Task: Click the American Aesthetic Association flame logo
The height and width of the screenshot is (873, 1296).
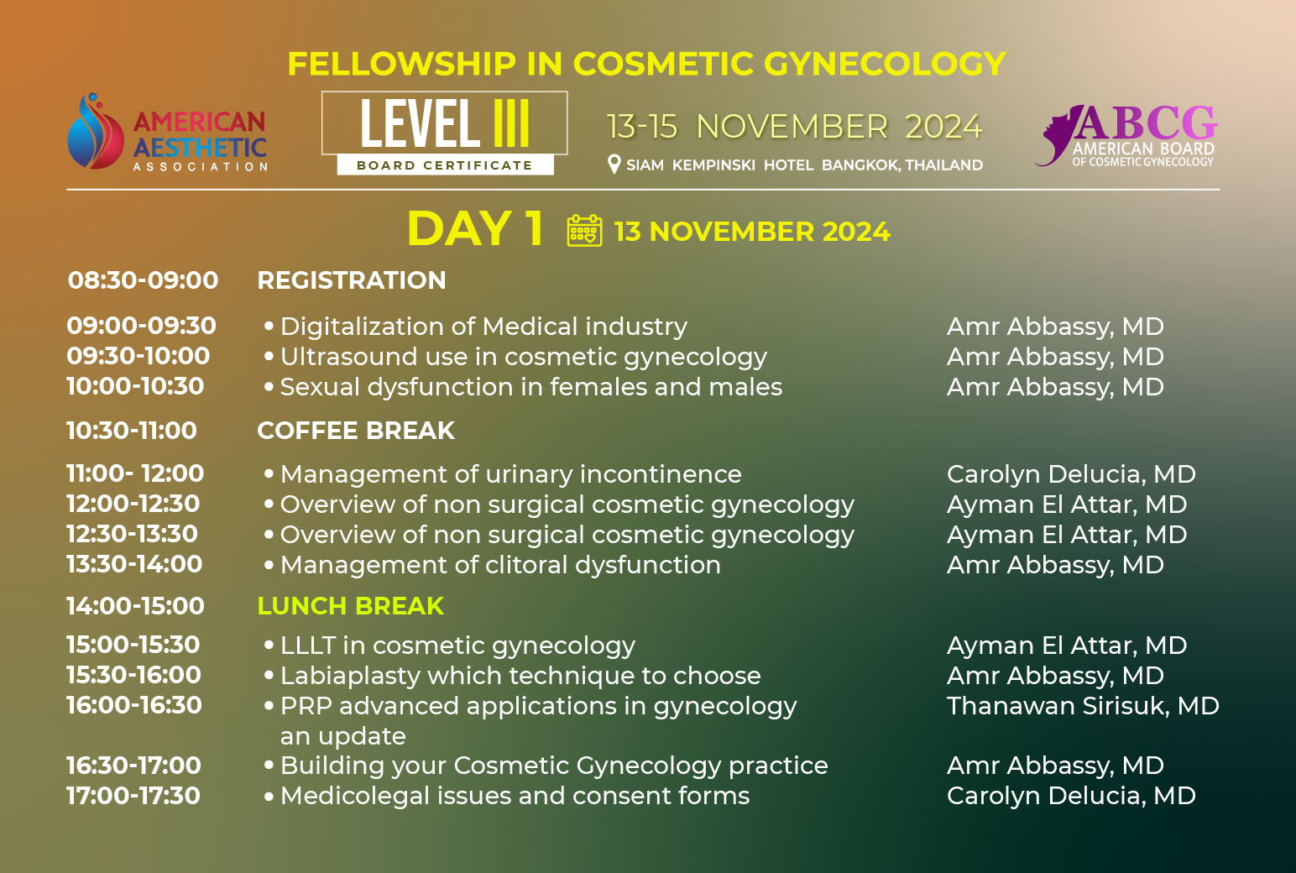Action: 96,131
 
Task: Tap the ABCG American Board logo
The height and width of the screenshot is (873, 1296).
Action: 1126,135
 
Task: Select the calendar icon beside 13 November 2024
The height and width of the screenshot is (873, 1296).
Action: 584,231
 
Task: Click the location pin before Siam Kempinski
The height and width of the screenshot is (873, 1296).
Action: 614,165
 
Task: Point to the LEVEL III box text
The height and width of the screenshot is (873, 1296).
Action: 444,123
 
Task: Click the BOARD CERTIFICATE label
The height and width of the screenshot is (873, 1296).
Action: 444,165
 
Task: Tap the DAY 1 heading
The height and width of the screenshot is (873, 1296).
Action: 475,229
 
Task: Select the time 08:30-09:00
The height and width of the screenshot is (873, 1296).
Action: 143,280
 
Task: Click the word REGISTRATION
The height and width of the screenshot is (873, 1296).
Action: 352,280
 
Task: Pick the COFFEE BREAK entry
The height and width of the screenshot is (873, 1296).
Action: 356,431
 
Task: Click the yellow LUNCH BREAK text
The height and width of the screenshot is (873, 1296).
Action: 351,606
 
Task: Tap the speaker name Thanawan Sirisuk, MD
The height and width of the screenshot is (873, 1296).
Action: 1083,706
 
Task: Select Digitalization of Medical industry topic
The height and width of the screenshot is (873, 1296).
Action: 483,327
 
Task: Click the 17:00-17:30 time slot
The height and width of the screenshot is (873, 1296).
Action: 133,796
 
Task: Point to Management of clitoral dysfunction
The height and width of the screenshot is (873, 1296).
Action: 500,565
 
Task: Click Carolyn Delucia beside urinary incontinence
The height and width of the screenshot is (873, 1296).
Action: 1071,474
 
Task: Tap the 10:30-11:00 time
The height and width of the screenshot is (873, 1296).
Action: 132,431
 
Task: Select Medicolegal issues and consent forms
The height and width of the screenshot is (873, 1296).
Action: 515,796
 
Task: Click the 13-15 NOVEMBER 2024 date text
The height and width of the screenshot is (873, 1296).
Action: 794,127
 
